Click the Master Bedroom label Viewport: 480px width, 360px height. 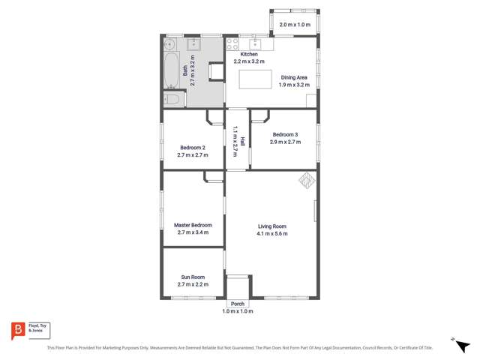pyautogui.click(x=193, y=225)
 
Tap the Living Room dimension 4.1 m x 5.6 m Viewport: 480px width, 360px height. pyautogui.click(x=271, y=233)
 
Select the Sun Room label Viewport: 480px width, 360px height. pyautogui.click(x=193, y=277)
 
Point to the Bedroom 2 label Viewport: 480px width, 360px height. pyautogui.click(x=193, y=147)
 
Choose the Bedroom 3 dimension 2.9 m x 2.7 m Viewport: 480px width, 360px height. pyautogui.click(x=285, y=142)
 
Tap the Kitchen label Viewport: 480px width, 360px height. pyautogui.click(x=249, y=55)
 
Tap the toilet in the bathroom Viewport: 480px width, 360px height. pyautogui.click(x=172, y=99)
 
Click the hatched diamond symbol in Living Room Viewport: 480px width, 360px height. pyautogui.click(x=306, y=180)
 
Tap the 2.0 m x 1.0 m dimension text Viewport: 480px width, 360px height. pyautogui.click(x=294, y=25)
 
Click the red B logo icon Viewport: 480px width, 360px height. pyautogui.click(x=17, y=330)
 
